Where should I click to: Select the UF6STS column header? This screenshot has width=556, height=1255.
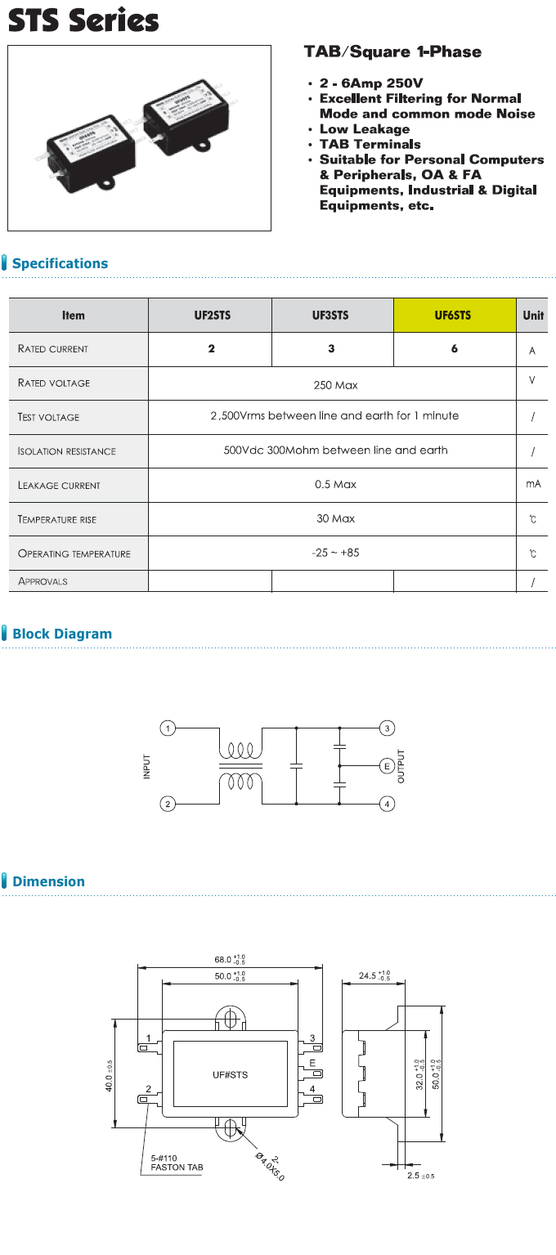click(x=454, y=316)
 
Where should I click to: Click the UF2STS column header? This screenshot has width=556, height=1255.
click(x=209, y=316)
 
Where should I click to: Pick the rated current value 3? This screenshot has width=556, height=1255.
click(x=331, y=349)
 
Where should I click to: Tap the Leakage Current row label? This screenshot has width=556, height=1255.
click(x=59, y=485)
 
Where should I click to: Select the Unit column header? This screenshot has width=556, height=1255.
click(x=533, y=316)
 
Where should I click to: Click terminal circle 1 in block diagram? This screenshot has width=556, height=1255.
click(x=168, y=728)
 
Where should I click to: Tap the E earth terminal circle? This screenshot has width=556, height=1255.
click(x=388, y=766)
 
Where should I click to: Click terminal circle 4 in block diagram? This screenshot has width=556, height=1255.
click(x=388, y=804)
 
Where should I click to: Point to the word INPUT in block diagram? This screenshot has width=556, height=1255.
click(x=147, y=766)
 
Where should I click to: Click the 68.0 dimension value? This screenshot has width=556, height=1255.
click(x=225, y=960)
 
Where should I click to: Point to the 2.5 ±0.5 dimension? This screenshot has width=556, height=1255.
click(x=420, y=1175)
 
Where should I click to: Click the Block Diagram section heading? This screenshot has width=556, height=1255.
click(x=62, y=634)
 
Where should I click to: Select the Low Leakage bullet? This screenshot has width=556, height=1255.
click(x=365, y=129)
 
